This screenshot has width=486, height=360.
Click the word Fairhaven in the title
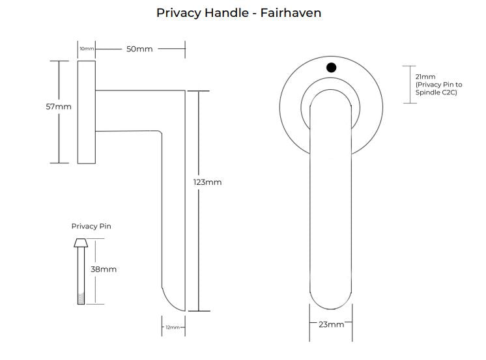pyautogui.click(x=290, y=13)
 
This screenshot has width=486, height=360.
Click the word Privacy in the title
pyautogui.click(x=179, y=13)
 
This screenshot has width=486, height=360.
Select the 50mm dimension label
pyautogui.click(x=139, y=49)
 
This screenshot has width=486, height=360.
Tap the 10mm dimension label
pyautogui.click(x=87, y=49)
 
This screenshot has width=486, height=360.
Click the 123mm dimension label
pyautogui.click(x=208, y=182)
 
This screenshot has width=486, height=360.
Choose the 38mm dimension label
pyautogui.click(x=104, y=269)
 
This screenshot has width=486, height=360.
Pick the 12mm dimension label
pyautogui.click(x=173, y=327)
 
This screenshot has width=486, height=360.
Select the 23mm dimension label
pyautogui.click(x=331, y=324)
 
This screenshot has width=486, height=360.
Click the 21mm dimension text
pyautogui.click(x=425, y=77)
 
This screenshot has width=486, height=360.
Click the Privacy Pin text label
pyautogui.click(x=91, y=227)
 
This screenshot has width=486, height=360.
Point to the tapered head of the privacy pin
pyautogui.click(x=81, y=243)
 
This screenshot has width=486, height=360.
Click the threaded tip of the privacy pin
pyautogui.click(x=81, y=298)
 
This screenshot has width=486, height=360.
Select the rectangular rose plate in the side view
pyautogui.click(x=87, y=112)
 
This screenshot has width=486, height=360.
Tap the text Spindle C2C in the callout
pyautogui.click(x=436, y=93)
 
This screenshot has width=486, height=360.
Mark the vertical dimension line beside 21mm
pyautogui.click(x=409, y=85)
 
